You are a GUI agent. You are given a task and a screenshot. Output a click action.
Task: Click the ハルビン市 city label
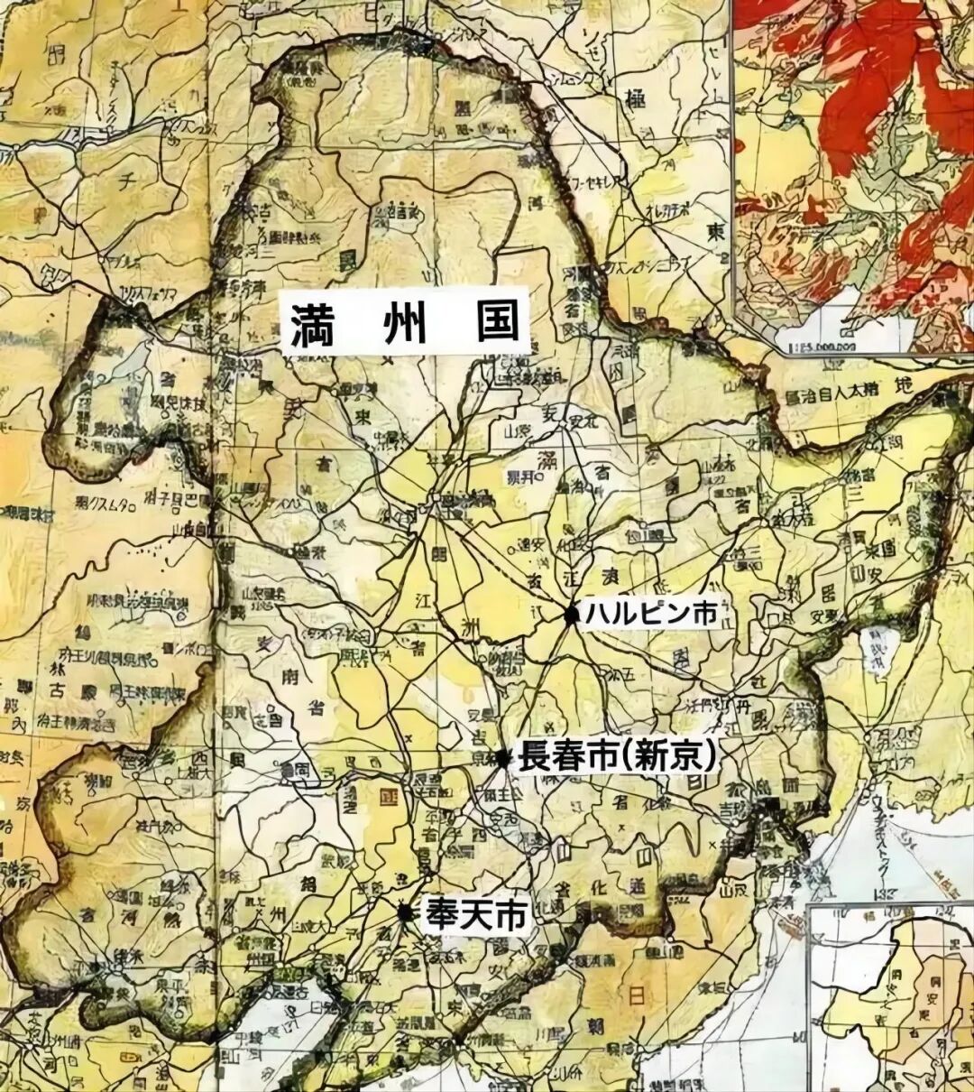(x=651, y=614)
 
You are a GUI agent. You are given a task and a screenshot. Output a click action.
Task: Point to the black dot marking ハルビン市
(x=572, y=615)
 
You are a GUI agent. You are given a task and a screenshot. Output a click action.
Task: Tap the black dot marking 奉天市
(x=406, y=912)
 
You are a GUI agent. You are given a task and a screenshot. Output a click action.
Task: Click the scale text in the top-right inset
(x=816, y=342)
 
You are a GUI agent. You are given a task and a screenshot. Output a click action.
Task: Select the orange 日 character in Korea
(x=636, y=997)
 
